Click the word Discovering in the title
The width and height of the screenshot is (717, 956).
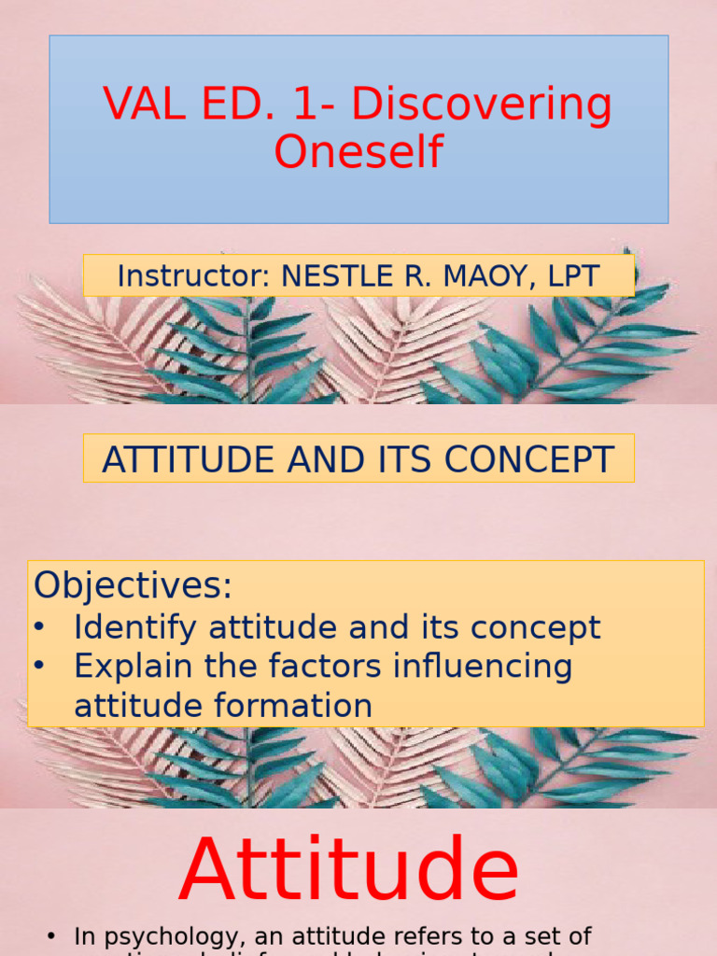[482, 105]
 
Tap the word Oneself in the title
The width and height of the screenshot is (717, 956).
[358, 151]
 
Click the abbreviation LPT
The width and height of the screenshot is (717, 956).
[571, 275]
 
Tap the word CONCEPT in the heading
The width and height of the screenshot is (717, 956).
[527, 459]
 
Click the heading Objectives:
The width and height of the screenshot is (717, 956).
[133, 586]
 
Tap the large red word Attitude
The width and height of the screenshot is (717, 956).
[349, 872]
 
